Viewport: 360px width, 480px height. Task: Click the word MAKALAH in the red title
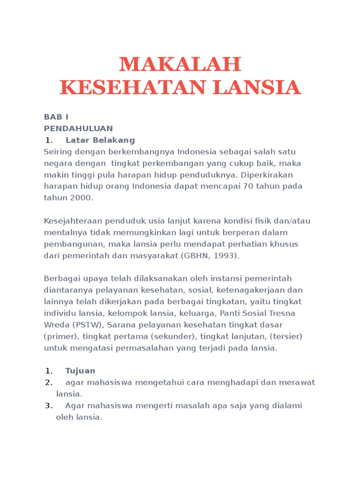[180, 64]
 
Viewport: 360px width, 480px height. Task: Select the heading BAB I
[56, 117]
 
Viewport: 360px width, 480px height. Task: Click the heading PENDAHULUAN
[78, 128]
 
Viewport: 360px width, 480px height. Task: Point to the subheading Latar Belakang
[100, 140]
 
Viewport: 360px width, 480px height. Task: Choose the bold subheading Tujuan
[80, 371]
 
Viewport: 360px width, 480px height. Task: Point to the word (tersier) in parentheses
[285, 336]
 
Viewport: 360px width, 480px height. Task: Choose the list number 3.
[48, 405]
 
